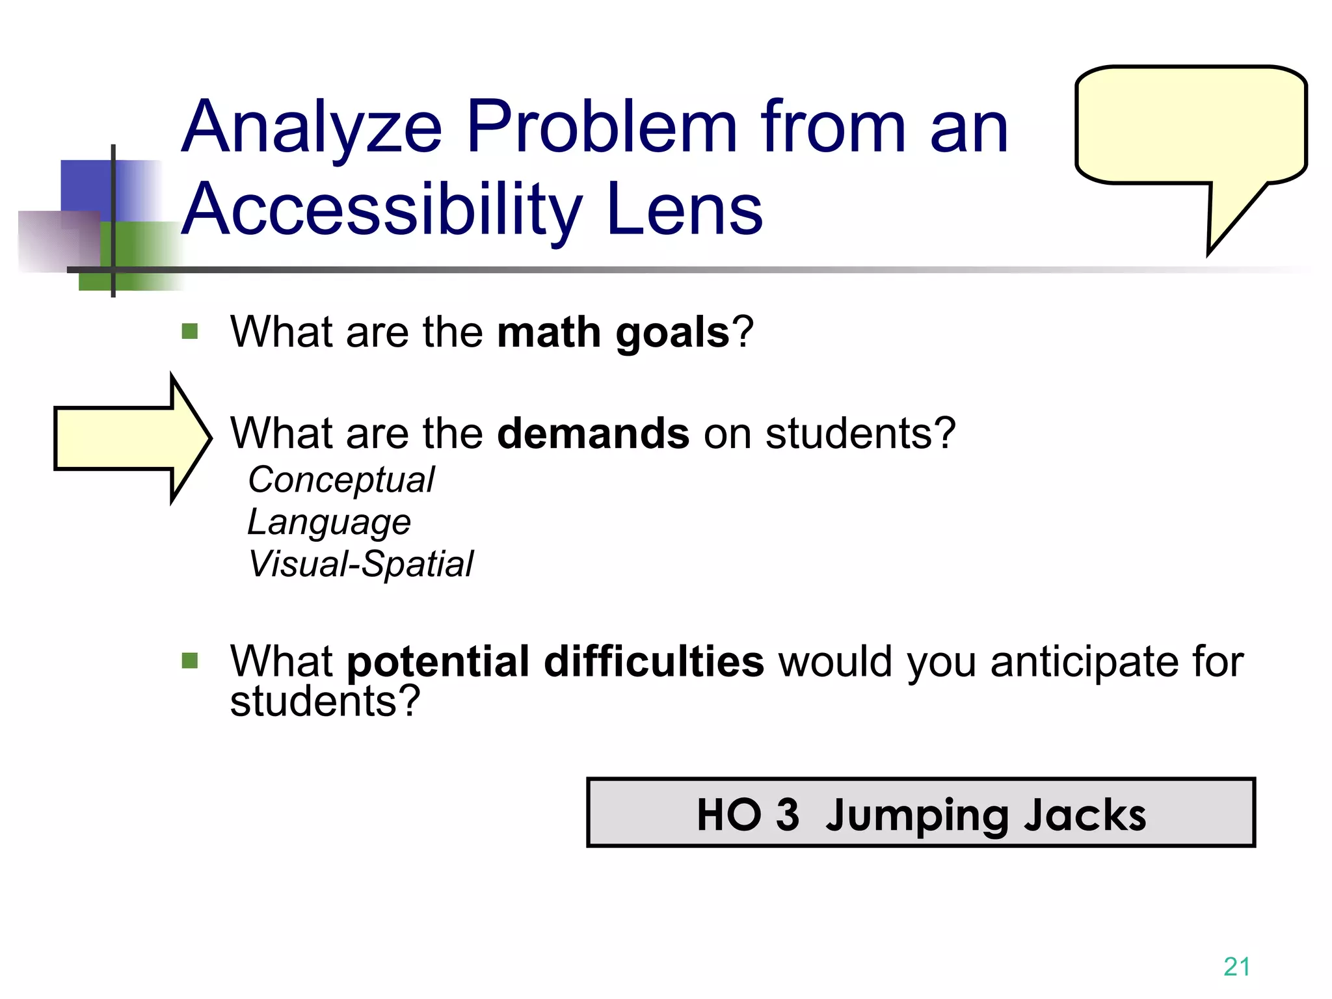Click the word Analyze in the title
click(x=312, y=129)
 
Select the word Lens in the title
click(x=684, y=209)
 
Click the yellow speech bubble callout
click(x=1190, y=127)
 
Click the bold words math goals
click(x=613, y=332)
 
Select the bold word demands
click(x=593, y=433)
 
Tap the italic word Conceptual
click(x=341, y=481)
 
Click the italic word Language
click(x=329, y=522)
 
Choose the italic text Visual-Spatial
click(x=361, y=564)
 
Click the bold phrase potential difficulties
click(x=555, y=661)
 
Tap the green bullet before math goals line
click(x=190, y=332)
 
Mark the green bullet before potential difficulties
click(x=190, y=661)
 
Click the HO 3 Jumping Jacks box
click(x=920, y=813)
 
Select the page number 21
click(x=1236, y=966)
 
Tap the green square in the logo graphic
click(x=130, y=257)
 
